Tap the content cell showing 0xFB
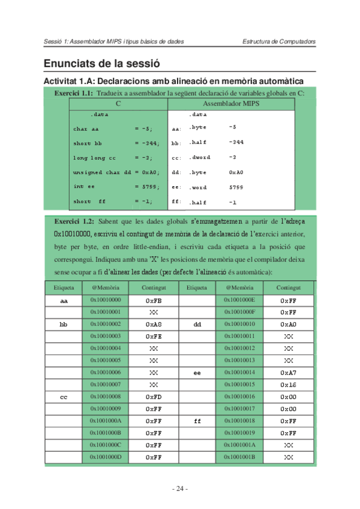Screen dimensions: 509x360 pos(154,300)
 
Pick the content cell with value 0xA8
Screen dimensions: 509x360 pos(154,324)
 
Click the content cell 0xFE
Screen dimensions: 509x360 pos(154,336)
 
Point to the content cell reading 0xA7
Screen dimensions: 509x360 pos(289,373)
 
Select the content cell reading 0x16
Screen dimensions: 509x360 pos(289,385)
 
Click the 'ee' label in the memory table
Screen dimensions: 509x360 pos(197,373)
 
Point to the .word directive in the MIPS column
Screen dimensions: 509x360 pos(198,187)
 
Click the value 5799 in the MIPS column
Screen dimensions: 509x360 pos(236,187)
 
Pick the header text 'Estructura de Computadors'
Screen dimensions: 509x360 pos(279,41)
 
